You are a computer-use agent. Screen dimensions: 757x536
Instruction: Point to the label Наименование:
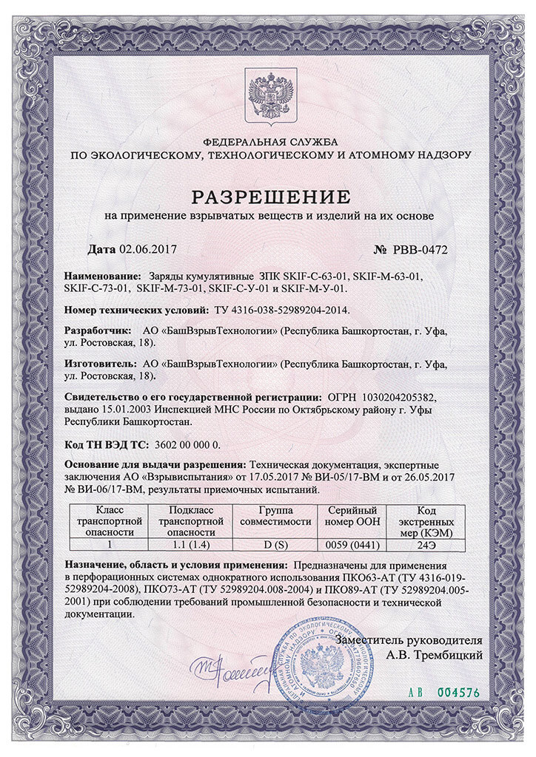(103, 276)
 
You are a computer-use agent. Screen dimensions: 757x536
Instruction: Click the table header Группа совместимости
(275, 516)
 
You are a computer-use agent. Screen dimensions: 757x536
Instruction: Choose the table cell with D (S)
(275, 544)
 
